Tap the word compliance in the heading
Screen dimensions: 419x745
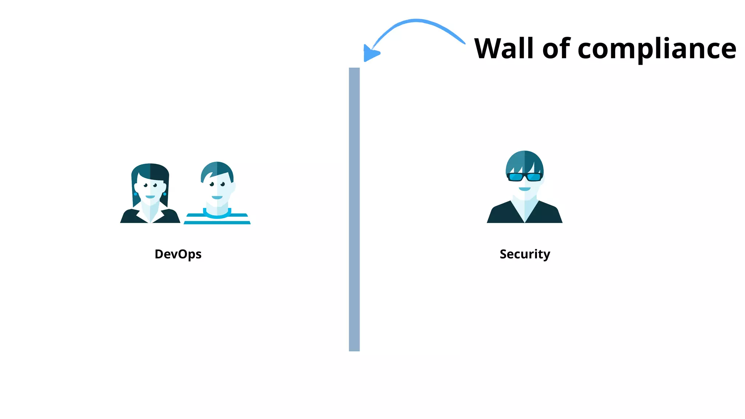pos(657,49)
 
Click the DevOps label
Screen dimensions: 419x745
pos(178,254)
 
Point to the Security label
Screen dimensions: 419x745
pos(525,254)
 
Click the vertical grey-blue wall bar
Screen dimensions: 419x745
pos(354,209)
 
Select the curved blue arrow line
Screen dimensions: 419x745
pos(418,22)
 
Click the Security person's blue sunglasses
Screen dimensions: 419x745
pos(525,177)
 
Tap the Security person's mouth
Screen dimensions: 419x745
pos(525,189)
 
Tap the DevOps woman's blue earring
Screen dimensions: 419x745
pos(165,194)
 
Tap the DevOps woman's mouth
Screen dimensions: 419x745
pos(150,197)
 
